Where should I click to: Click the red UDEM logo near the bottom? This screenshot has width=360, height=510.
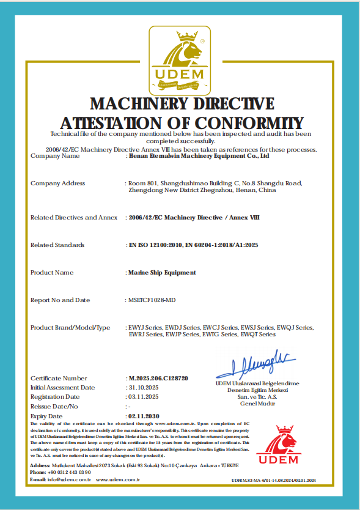click(x=277, y=444)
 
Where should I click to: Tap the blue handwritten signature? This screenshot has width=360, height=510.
click(x=255, y=363)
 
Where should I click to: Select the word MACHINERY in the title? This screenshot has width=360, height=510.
click(x=141, y=103)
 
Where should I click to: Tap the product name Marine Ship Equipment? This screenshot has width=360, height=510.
click(x=162, y=273)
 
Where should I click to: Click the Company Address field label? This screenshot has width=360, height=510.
click(x=57, y=183)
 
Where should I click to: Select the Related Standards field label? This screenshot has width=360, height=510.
click(x=57, y=245)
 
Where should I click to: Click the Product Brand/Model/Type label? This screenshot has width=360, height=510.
click(x=70, y=328)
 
